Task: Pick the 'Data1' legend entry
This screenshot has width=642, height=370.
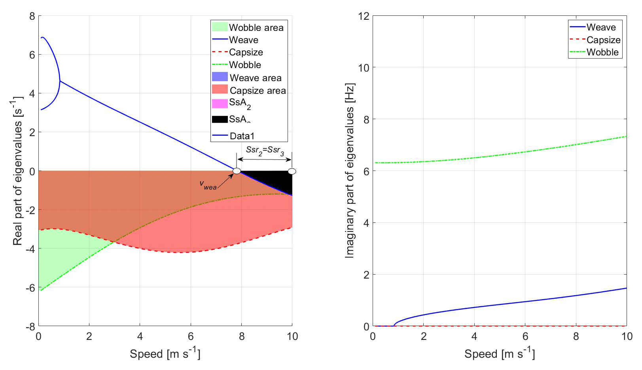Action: pos(242,136)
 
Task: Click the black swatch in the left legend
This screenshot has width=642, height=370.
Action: pos(220,119)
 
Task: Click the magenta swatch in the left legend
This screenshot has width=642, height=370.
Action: pos(220,104)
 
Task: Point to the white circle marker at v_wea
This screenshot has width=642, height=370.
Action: pos(237,171)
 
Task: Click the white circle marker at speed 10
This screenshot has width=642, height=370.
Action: pos(292,171)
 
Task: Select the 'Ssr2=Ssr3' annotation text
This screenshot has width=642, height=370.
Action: pos(265,150)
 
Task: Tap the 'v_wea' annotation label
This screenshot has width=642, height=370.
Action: pos(208,185)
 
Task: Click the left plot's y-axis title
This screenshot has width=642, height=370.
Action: pos(17,171)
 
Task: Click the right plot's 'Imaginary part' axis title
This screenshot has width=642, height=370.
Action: pos(350,171)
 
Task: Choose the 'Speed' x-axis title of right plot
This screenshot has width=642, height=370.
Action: pos(500,353)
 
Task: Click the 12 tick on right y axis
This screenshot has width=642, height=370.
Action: pos(364,16)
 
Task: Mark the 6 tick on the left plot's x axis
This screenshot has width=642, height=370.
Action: pos(191,336)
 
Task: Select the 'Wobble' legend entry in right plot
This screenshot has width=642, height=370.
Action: pos(602,52)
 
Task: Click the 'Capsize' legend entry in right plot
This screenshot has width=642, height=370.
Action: pos(603,40)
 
